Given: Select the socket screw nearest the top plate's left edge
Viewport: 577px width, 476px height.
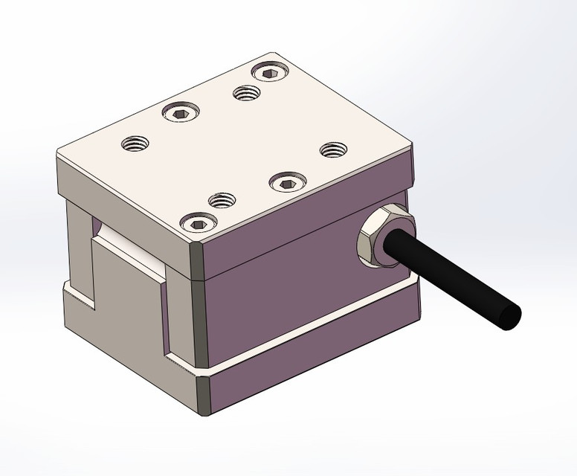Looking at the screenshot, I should tap(181, 114).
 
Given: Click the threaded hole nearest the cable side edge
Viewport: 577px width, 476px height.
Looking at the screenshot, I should tap(333, 149).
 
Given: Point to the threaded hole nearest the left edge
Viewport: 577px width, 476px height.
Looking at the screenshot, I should tap(135, 142).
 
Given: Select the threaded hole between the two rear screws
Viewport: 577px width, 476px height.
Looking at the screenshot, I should tap(245, 93).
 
